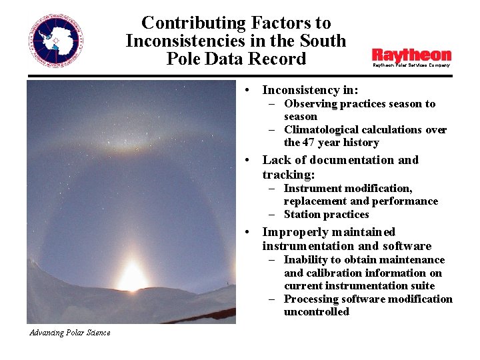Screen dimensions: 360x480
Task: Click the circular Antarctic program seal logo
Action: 56,41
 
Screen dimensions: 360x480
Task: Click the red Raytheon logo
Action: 411,55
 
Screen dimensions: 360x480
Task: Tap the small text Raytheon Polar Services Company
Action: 411,65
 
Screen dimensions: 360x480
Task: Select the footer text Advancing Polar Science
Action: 70,333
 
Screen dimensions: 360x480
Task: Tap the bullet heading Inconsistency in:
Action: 310,90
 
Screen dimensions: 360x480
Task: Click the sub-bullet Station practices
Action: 326,215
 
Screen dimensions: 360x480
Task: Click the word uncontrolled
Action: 316,312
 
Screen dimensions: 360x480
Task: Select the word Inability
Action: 307,260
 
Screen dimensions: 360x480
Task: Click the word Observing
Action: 310,104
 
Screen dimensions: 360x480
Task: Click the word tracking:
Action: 289,175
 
